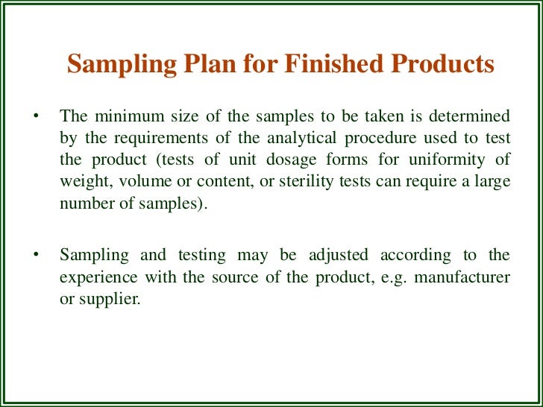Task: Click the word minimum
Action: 122,116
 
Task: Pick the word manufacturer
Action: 468,277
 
